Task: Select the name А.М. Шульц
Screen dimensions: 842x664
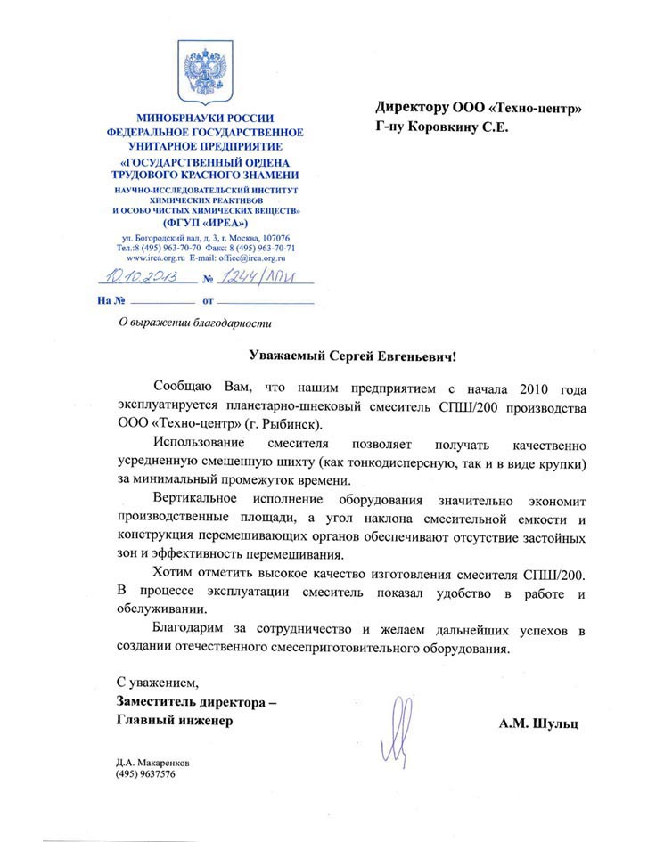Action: (538, 724)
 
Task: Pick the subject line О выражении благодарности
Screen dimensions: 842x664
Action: (187, 323)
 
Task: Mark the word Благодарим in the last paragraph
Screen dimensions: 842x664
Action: (191, 631)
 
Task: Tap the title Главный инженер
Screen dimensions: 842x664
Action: (174, 721)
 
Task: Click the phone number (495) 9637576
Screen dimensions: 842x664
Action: (144, 775)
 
